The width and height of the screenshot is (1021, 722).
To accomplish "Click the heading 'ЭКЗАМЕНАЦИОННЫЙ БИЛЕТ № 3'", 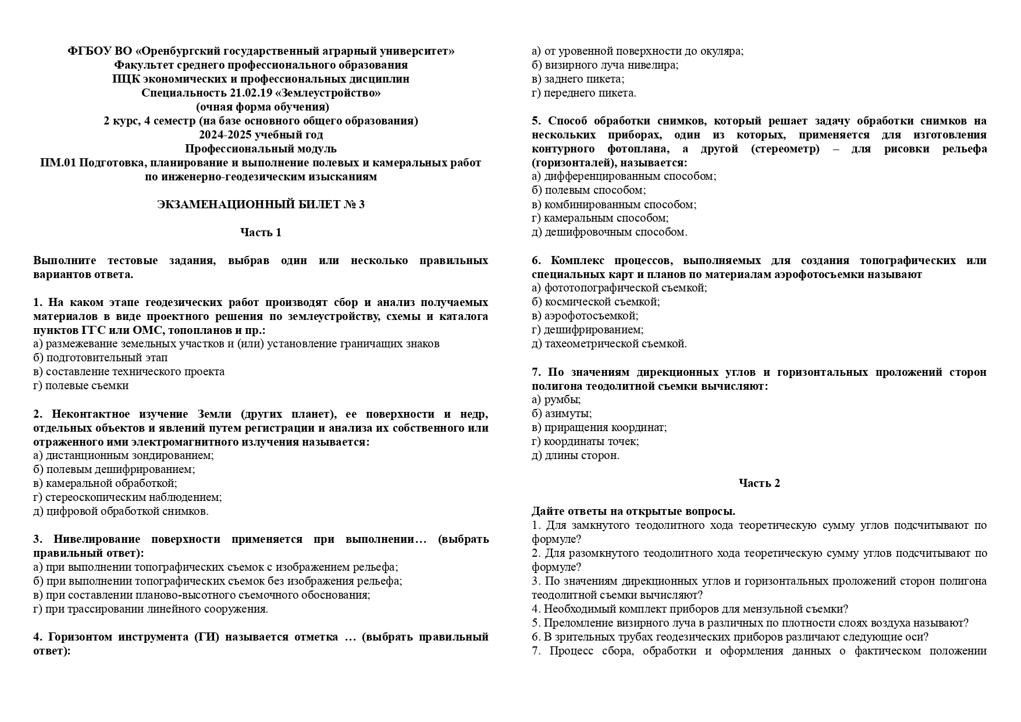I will click(x=261, y=204).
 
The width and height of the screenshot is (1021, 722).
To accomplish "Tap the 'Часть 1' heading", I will click(x=261, y=232).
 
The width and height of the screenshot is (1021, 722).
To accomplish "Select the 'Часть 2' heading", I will click(x=759, y=483).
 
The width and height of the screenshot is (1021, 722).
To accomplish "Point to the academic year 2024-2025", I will click(x=224, y=134).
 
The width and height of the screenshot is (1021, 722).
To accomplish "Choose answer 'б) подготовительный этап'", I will click(x=100, y=357).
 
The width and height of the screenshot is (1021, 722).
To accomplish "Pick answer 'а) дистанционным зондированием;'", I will click(x=123, y=455).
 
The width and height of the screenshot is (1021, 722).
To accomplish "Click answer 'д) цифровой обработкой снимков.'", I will click(x=121, y=511).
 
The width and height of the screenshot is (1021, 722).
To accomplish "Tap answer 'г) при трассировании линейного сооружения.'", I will click(x=151, y=609).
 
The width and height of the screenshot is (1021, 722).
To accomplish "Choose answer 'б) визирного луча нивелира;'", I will click(x=605, y=65).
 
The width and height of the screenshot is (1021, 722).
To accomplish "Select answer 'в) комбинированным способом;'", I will click(x=614, y=204).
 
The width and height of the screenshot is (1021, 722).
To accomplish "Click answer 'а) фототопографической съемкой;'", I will click(x=619, y=287).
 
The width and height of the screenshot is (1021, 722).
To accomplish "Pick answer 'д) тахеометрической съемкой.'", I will click(x=609, y=343).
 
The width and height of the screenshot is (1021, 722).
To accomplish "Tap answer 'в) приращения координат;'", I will click(x=599, y=427).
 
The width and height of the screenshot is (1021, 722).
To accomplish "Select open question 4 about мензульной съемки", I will click(x=690, y=609).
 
